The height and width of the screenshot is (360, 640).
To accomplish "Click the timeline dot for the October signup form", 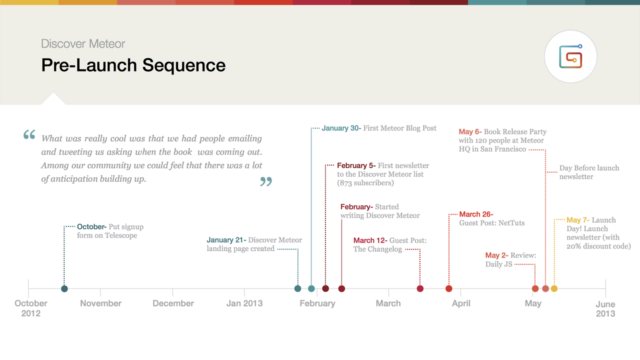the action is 64,288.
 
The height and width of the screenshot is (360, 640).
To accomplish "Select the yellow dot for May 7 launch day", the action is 554,288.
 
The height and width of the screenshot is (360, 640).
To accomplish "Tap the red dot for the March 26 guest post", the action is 449,288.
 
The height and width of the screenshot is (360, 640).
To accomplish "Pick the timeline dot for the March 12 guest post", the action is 420,288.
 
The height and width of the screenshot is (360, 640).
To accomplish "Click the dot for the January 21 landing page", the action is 297,288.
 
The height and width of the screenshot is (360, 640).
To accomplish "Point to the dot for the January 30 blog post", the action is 311,288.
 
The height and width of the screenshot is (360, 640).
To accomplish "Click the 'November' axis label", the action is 100,303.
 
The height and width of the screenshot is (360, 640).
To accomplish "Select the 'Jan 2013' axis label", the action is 244,303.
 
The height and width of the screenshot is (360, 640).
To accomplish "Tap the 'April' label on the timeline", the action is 461,303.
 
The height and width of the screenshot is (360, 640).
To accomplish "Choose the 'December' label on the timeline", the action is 173,303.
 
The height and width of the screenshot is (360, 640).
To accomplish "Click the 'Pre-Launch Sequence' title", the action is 133,65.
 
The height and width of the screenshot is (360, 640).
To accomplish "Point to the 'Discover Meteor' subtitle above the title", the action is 83,43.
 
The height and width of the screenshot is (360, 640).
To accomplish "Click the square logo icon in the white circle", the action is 570,56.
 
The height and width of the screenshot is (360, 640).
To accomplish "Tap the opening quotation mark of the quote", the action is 29,134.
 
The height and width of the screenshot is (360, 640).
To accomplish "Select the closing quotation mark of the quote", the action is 266,181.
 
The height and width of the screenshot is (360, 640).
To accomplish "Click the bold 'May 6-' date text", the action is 470,131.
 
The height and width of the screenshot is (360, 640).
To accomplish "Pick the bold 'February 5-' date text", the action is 356,165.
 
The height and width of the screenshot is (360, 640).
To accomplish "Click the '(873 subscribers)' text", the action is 365,183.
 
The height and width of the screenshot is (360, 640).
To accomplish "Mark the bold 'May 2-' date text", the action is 496,255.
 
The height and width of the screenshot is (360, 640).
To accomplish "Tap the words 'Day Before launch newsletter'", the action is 589,172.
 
